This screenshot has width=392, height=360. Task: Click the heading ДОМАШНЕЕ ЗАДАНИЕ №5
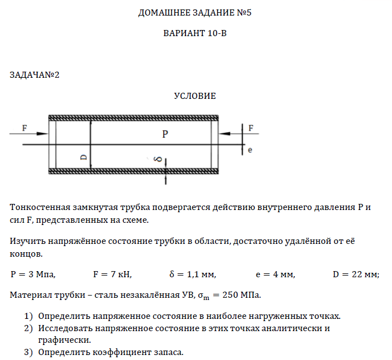(195, 13)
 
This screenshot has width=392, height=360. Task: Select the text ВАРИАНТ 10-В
(195, 33)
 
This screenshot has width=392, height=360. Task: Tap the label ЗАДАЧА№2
(34, 75)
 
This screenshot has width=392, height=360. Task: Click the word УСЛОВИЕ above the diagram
(195, 96)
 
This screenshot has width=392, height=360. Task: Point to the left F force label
(24, 128)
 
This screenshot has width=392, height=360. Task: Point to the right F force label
(251, 128)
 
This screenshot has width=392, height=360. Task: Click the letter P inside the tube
(165, 134)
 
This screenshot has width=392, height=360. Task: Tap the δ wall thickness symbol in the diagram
(159, 159)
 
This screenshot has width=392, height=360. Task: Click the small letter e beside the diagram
(250, 150)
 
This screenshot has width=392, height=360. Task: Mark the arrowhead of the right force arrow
(224, 133)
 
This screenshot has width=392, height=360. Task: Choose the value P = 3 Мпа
(33, 274)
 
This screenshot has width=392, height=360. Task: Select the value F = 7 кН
(112, 274)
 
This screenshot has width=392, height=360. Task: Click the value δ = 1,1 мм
(192, 274)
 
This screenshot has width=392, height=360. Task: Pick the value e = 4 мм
(275, 274)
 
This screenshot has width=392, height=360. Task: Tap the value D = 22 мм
(355, 274)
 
